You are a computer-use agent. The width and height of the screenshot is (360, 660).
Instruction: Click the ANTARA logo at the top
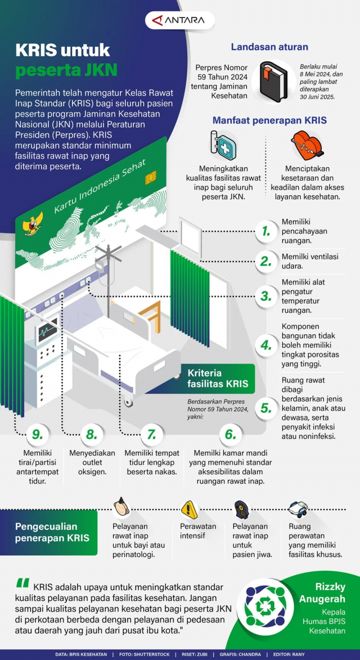tap(180, 21)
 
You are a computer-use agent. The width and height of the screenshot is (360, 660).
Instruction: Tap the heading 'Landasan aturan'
tap(269, 47)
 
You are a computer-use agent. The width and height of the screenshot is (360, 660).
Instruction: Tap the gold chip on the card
tap(150, 178)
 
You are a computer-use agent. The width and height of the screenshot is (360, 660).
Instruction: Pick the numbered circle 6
tap(229, 434)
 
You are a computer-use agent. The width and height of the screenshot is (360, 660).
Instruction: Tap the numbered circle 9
tap(38, 434)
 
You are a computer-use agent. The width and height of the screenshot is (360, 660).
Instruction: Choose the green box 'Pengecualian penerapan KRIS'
tap(52, 532)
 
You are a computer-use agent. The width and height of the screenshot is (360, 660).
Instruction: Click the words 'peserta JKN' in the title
tap(66, 70)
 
